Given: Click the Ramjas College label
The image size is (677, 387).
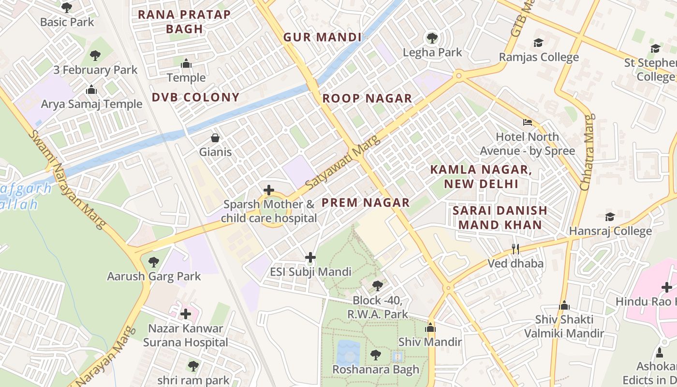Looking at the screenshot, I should (x=539, y=57).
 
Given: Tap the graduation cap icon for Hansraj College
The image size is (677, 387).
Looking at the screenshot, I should (x=610, y=217).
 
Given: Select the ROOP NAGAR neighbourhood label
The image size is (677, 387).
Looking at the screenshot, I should (x=367, y=99).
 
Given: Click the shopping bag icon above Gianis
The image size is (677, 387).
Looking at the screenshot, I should (x=215, y=138).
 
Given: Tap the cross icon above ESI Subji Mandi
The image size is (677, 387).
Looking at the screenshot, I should (x=310, y=257).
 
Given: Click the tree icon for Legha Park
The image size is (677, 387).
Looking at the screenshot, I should (x=432, y=38).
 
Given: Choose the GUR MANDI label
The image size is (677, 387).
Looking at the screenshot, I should (x=322, y=37).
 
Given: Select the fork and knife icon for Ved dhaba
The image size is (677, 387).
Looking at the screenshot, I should (x=515, y=249).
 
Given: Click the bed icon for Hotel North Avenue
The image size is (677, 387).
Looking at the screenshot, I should (x=528, y=122).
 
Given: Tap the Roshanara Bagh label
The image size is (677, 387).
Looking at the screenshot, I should (x=376, y=370).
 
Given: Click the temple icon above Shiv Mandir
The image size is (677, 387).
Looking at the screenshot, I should (x=430, y=328).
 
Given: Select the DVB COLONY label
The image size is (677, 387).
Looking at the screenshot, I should (x=195, y=97).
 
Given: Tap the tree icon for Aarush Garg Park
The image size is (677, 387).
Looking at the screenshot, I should (x=154, y=262).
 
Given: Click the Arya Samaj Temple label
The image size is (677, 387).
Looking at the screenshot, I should (x=91, y=104).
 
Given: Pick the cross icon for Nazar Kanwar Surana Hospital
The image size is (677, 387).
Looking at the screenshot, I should (x=186, y=314).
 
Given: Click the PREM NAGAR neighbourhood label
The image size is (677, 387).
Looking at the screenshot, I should (x=366, y=203).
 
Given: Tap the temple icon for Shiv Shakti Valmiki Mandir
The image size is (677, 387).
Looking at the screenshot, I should (x=564, y=305).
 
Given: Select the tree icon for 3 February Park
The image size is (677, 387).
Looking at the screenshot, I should (x=95, y=56).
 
